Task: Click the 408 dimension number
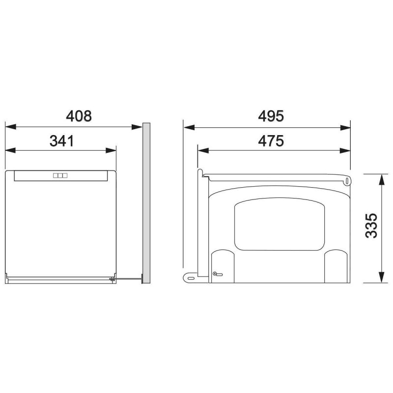tap(79, 116)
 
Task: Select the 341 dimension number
tap(62, 141)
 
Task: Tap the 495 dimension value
tap(271, 116)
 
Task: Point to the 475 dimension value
tap(271, 141)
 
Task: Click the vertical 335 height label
tap(371, 225)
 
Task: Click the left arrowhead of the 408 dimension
tap(10, 127)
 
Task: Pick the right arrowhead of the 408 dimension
tap(137, 127)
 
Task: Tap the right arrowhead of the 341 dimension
tap(111, 150)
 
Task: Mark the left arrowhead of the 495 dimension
tap(189, 128)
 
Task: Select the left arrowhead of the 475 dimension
tap(203, 151)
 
